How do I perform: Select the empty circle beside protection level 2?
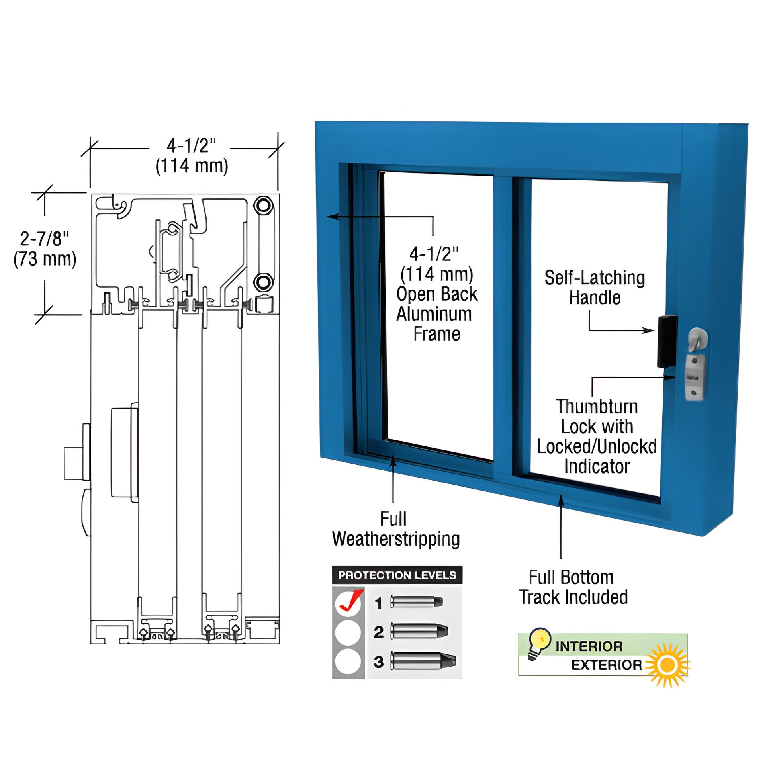tap(348, 632)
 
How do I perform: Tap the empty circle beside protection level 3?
tap(348, 662)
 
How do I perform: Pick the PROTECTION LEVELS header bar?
tap(397, 575)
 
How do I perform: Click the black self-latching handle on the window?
tap(666, 341)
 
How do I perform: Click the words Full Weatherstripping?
tap(395, 529)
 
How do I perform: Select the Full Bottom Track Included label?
tap(573, 587)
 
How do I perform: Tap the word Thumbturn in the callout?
tap(597, 407)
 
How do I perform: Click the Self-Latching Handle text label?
tap(595, 288)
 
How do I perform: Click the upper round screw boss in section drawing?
tap(264, 206)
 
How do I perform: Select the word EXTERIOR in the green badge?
tap(606, 665)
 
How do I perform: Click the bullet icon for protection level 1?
tap(417, 602)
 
